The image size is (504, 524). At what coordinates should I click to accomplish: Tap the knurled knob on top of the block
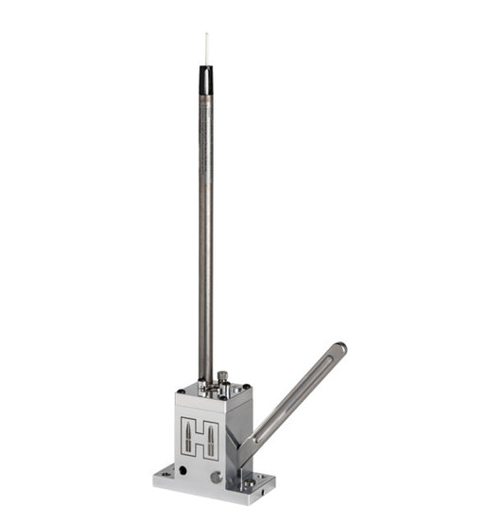[223, 378]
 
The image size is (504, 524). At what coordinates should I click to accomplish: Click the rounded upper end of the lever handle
[339, 349]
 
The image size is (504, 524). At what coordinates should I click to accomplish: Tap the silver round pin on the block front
[216, 477]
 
